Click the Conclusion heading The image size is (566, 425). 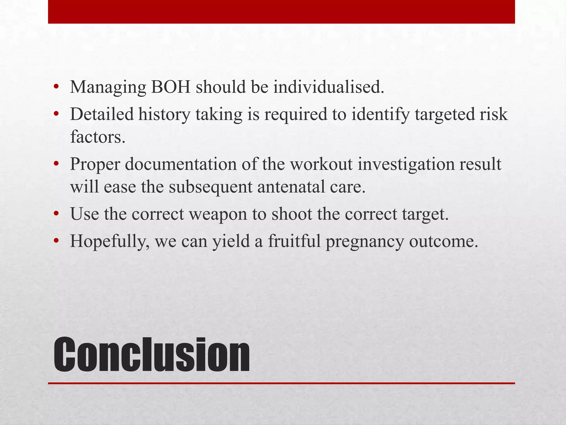click(x=151, y=354)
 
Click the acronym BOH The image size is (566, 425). click(x=171, y=87)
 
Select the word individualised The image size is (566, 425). click(x=329, y=87)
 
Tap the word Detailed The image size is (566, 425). click(x=102, y=114)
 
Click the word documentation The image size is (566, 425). click(x=181, y=164)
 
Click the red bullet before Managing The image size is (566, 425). click(x=56, y=87)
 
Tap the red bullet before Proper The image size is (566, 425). click(x=56, y=164)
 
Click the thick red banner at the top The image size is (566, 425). click(x=281, y=12)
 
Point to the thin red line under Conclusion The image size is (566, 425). click(x=281, y=383)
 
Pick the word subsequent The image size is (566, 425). click(x=211, y=187)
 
